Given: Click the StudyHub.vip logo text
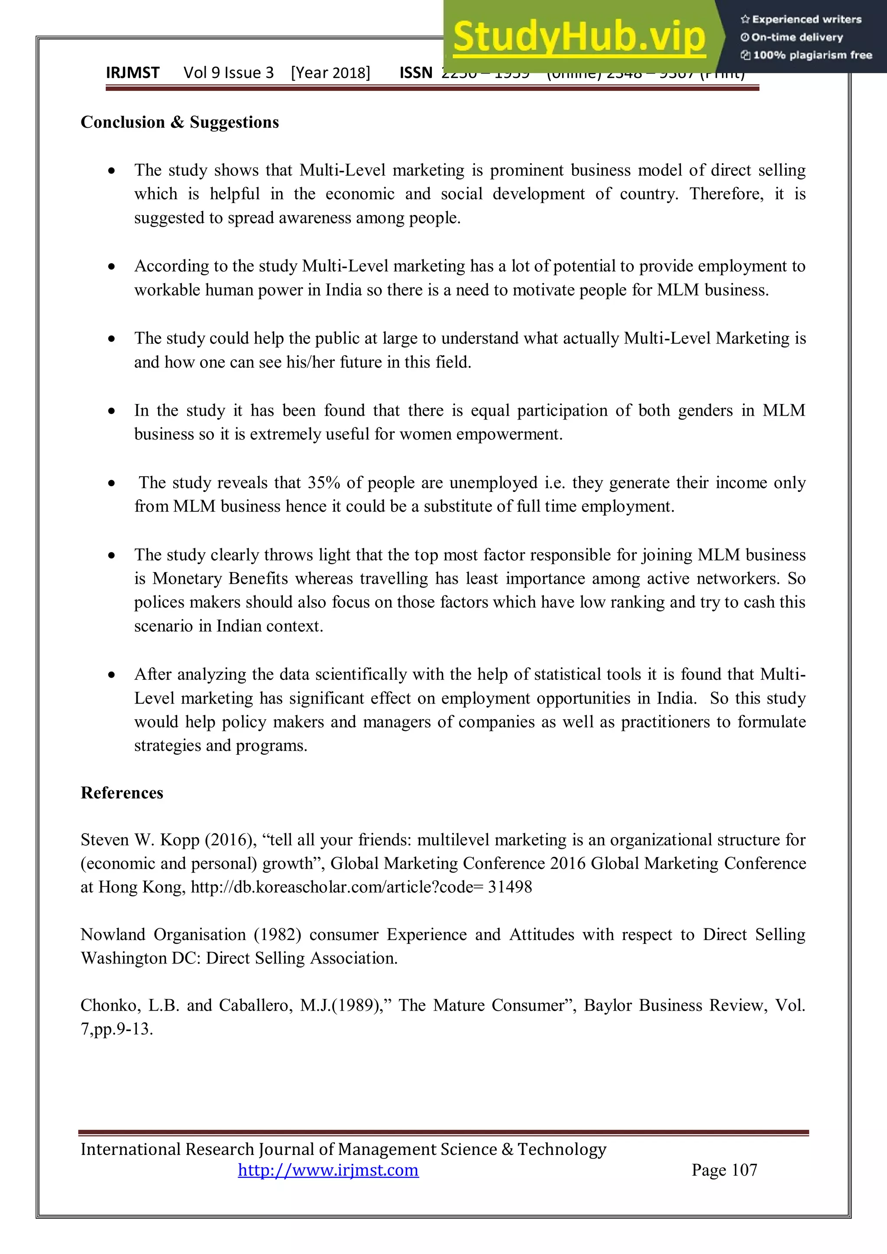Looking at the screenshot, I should pyautogui.click(x=579, y=37).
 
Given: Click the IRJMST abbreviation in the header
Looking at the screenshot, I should pyautogui.click(x=132, y=73).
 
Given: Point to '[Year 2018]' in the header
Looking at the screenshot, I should pyautogui.click(x=330, y=73).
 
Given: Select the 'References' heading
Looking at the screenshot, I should pyautogui.click(x=122, y=792).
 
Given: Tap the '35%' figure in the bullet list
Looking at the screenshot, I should pyautogui.click(x=324, y=482).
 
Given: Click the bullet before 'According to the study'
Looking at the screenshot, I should pyautogui.click(x=111, y=267).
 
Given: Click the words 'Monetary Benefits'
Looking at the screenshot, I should pyautogui.click(x=220, y=579).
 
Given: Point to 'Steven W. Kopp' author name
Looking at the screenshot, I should pyautogui.click(x=140, y=840).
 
